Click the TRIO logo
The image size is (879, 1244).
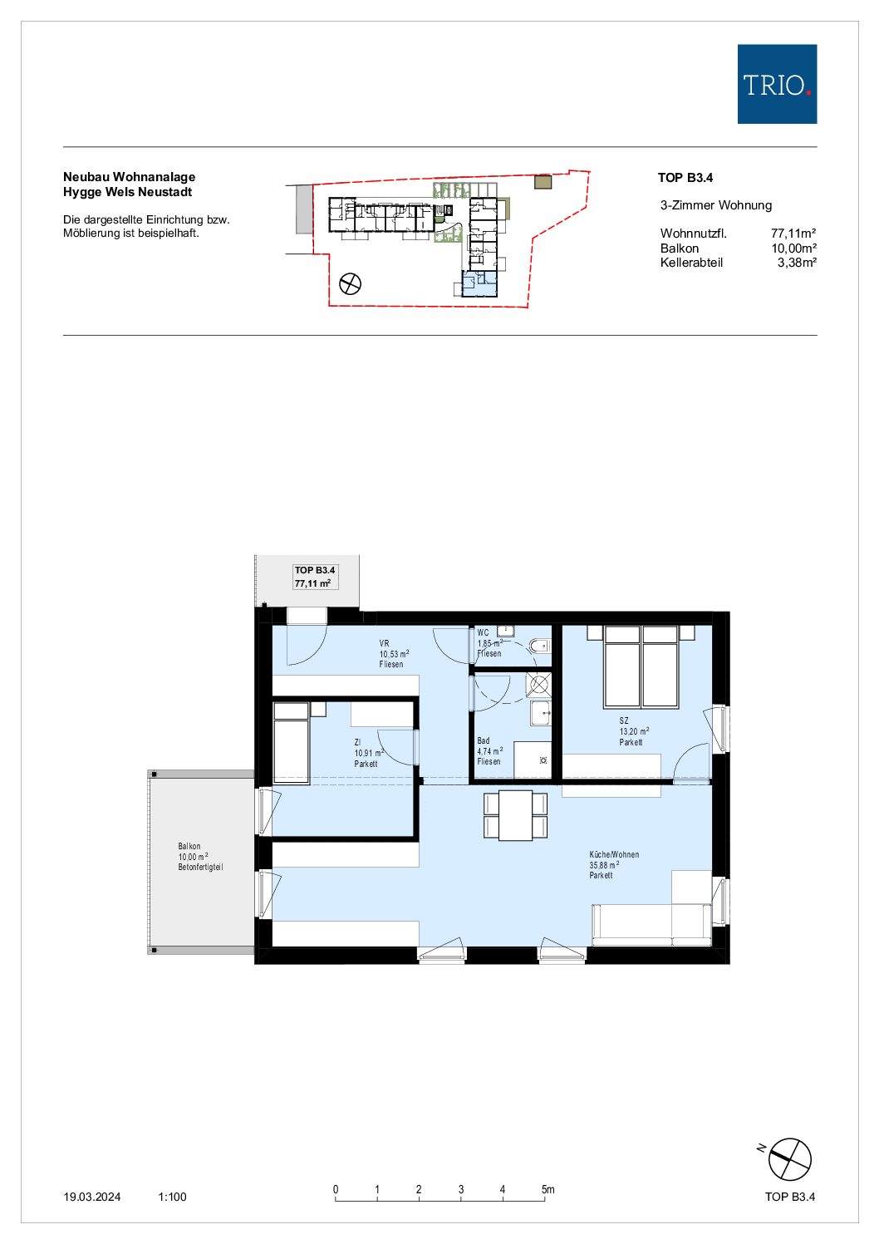coord(776,84)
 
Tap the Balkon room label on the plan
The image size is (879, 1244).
coord(189,846)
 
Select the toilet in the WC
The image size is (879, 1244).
coord(540,646)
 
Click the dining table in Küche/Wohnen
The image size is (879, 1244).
coord(515,815)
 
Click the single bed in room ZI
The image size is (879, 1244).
coord(291,743)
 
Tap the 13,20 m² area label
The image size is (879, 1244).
coord(634,731)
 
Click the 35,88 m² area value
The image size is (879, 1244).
coord(604,865)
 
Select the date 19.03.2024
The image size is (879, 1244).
coord(92,1197)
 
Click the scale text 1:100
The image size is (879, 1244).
coord(172,1197)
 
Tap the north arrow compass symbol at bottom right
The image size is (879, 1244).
coord(789,1159)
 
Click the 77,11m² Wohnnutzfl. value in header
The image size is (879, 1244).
coord(793,234)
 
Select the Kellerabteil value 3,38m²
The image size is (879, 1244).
coord(797,263)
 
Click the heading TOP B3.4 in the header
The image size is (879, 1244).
coord(685,178)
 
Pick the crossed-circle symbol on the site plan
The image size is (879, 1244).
coord(350,284)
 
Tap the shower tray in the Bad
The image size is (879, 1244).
coord(539,684)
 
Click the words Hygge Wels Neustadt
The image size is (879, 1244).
coord(128,192)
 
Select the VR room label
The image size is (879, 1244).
coord(384,643)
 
